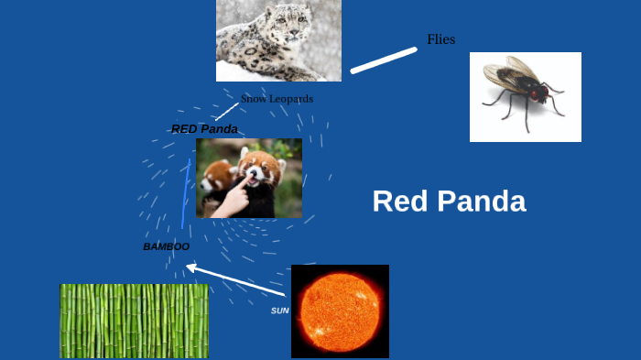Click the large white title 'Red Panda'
449,202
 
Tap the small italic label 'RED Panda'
204,129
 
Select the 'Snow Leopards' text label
277,98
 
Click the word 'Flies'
440,39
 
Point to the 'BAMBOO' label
166,246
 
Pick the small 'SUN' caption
279,311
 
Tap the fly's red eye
533,93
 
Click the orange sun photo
340,311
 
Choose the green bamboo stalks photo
134,321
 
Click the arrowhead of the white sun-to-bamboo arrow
190,267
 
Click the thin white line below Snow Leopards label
226,112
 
